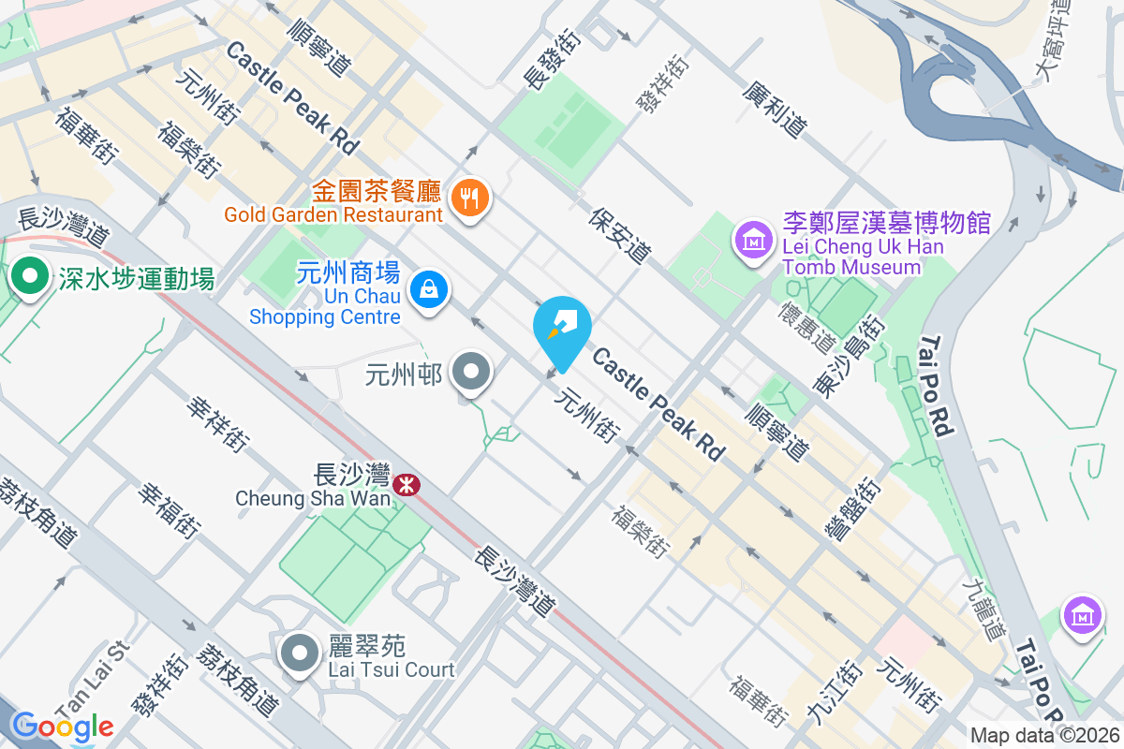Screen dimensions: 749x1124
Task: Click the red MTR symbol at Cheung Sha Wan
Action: point(407,485)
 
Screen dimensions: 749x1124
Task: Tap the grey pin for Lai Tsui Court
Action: point(300,653)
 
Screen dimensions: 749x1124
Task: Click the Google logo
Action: point(63,726)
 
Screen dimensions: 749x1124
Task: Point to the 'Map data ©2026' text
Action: point(1044,735)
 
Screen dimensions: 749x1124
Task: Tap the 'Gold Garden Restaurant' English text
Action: point(333,215)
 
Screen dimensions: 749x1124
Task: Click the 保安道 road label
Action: point(620,235)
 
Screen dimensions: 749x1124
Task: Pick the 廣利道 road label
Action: point(775,108)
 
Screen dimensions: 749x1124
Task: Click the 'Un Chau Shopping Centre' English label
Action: point(325,307)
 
